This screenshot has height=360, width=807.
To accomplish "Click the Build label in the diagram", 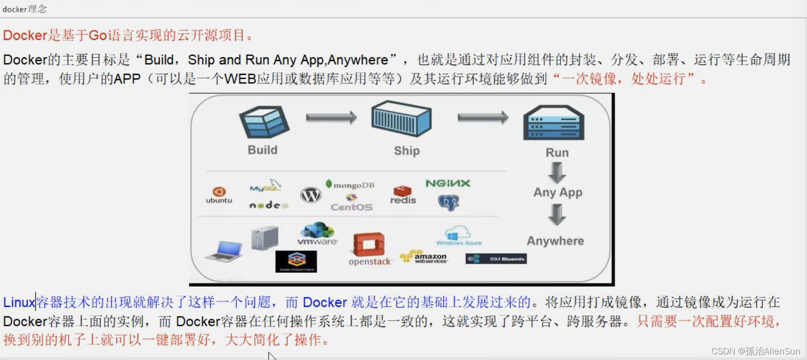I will [263, 150].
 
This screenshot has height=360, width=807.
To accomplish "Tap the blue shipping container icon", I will [401, 118].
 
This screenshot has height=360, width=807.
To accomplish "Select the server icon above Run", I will [554, 123].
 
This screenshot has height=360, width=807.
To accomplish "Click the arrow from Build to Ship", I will [331, 117].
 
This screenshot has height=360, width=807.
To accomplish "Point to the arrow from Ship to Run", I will [483, 117].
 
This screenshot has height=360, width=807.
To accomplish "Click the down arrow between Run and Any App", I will [557, 172].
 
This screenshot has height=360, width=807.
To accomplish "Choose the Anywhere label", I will [555, 241].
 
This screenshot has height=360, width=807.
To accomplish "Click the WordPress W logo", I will [310, 194].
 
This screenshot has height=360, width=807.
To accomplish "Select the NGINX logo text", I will [448, 183].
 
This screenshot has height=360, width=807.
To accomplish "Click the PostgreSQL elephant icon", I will [448, 203].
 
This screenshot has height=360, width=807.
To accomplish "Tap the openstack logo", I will [370, 249].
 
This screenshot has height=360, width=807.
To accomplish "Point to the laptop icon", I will [225, 251].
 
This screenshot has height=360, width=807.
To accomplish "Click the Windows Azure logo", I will [458, 236].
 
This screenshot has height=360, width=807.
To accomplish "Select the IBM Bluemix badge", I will [496, 259].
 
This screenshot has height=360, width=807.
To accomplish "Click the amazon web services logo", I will [424, 257].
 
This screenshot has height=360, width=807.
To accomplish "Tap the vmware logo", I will [318, 234].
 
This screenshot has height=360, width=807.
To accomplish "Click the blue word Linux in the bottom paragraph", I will [19, 302].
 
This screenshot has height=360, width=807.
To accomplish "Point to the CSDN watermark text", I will [755, 351].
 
